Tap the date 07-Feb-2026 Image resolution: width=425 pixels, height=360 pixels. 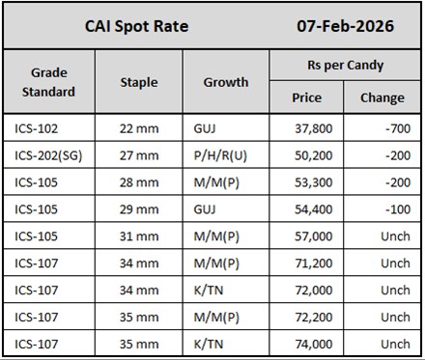[x=344, y=26]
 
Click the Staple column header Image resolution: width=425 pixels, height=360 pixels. [x=139, y=82]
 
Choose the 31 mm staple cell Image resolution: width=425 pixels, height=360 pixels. [x=139, y=235]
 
